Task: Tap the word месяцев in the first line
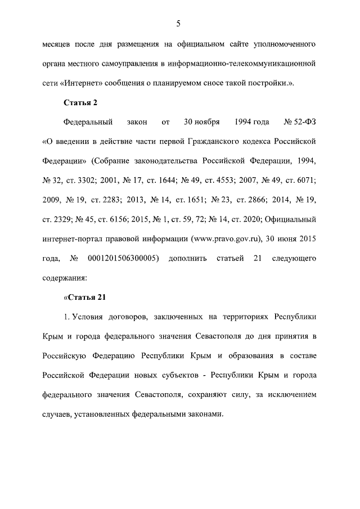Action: (58, 43)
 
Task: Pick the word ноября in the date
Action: (210, 121)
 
